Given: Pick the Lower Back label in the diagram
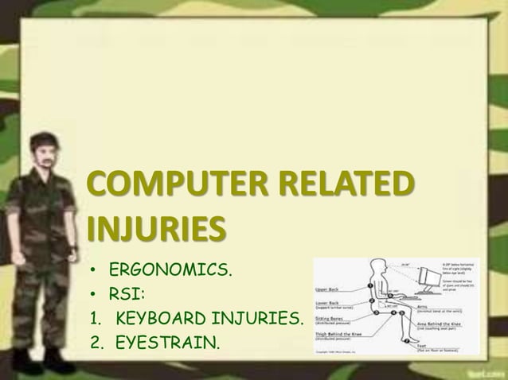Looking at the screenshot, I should click(330, 303).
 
